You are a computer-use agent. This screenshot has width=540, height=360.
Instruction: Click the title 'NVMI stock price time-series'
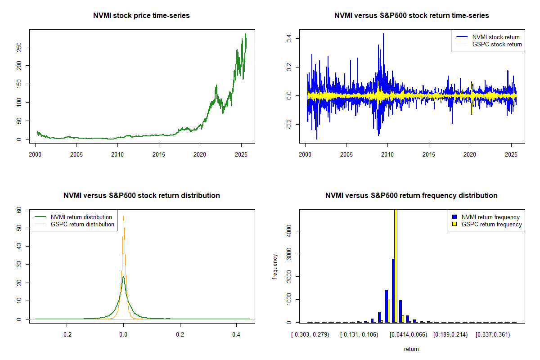pos(141,16)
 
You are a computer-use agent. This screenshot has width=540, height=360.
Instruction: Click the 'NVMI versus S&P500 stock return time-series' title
pos(411,16)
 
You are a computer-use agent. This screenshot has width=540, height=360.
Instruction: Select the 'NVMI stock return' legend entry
pos(495,37)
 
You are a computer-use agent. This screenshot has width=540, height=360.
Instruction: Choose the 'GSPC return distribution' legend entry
pos(82,224)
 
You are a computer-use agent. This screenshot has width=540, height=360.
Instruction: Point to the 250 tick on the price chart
pos(19,47)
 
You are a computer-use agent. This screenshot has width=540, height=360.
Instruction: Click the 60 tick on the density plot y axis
pos(19,210)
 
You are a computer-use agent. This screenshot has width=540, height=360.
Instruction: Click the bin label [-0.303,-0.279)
pos(310,334)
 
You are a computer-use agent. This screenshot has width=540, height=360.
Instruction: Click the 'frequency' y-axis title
pos(275,266)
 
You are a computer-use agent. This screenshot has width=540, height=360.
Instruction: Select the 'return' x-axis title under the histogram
pos(411,349)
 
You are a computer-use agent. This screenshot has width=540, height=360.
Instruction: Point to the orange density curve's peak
pos(123,216)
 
